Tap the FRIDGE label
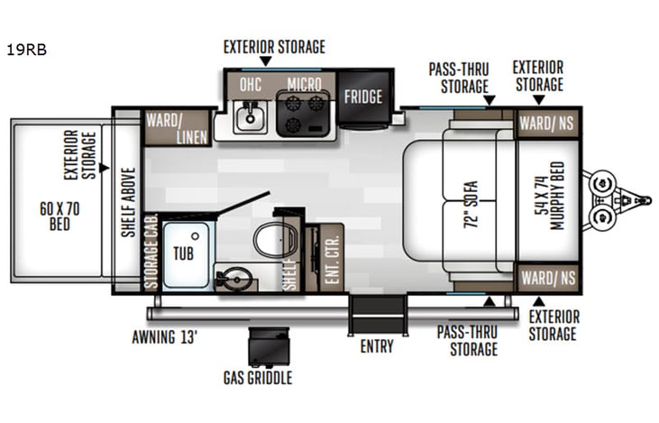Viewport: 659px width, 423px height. coord(363,97)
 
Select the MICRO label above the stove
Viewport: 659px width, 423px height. coord(305,84)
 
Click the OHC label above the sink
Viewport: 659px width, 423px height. coord(251,84)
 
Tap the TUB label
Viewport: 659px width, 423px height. coord(183,254)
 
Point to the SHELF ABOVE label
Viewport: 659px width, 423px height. coord(127,202)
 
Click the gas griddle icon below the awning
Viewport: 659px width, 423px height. coord(270,346)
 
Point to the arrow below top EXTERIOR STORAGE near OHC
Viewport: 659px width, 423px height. coord(265,62)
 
